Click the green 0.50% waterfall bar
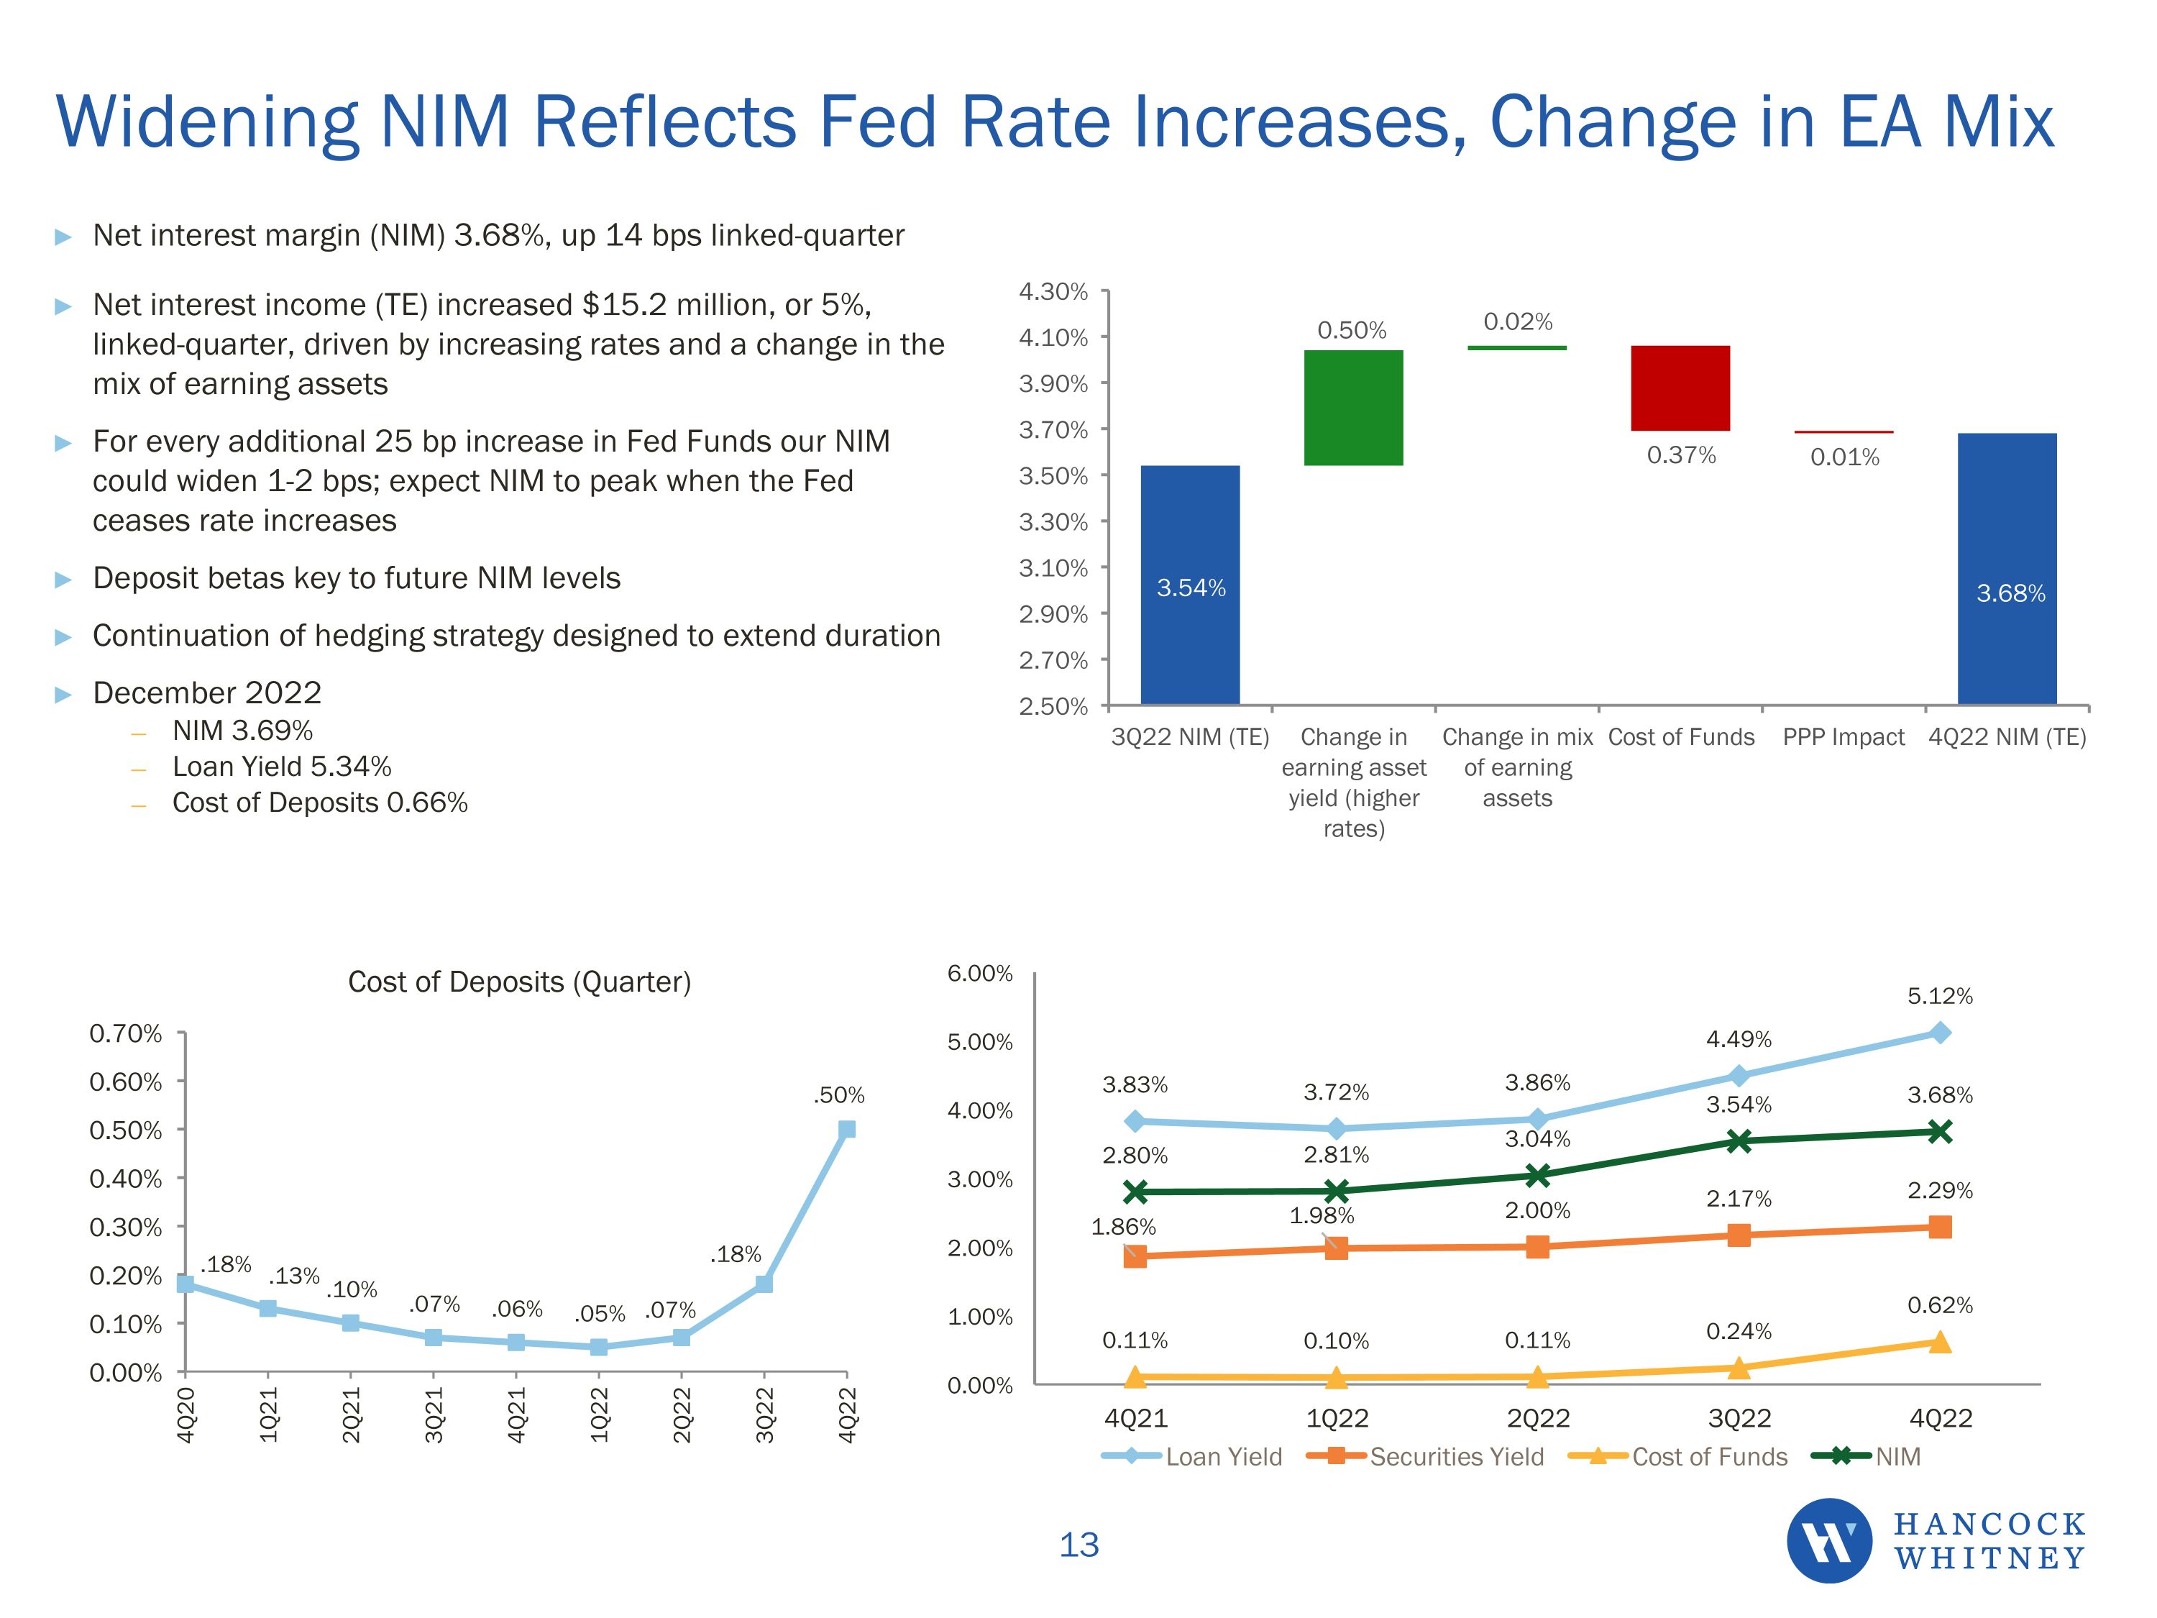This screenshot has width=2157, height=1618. [1353, 408]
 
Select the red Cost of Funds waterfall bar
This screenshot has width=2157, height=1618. [1680, 388]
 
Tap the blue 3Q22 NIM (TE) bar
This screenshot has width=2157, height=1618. [1190, 585]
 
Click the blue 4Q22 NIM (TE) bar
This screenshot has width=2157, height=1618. [2007, 569]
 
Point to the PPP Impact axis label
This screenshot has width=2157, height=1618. [1843, 737]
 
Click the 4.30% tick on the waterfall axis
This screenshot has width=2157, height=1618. [1053, 292]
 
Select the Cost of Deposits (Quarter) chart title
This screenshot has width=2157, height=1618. [519, 981]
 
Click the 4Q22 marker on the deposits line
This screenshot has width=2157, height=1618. [846, 1130]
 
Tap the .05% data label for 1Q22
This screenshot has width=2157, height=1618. [600, 1314]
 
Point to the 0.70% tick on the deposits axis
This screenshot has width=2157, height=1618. [126, 1034]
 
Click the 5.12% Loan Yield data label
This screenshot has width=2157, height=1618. [1940, 996]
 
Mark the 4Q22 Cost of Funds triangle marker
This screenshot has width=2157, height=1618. [1940, 1343]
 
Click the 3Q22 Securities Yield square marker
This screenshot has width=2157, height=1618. [1739, 1235]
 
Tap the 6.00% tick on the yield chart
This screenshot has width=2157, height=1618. [980, 974]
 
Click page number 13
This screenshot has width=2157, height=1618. [1078, 1545]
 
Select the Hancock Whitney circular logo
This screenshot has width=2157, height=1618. [1828, 1541]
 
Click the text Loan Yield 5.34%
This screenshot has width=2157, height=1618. [282, 767]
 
